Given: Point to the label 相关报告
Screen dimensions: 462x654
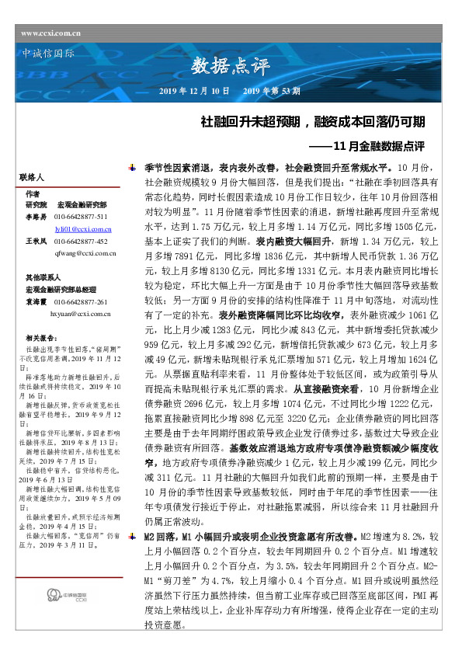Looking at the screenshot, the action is [40, 339].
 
